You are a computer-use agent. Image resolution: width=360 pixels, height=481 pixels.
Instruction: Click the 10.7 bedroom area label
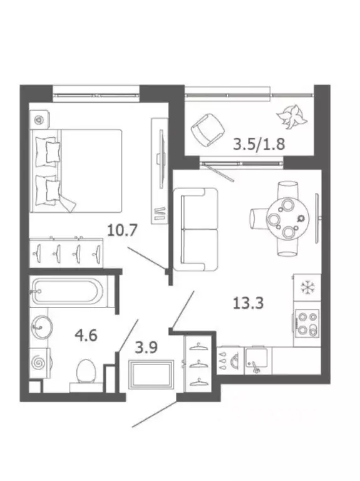(121, 230)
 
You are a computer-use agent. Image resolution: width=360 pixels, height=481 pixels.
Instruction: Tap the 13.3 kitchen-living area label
(248, 303)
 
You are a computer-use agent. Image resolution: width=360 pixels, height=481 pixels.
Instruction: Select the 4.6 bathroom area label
(86, 334)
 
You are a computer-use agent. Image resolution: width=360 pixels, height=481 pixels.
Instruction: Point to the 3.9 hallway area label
(147, 348)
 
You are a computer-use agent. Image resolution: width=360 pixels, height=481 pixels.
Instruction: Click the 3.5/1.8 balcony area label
(259, 143)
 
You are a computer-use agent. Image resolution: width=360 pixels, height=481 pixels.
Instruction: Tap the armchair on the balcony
(207, 130)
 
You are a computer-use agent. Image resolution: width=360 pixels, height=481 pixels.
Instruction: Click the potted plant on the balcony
(292, 117)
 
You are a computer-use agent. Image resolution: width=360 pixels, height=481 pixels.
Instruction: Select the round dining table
(287, 219)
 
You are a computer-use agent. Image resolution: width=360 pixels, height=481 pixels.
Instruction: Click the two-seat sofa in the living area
(195, 229)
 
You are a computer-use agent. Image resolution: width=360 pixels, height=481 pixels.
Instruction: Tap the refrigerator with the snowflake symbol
(307, 287)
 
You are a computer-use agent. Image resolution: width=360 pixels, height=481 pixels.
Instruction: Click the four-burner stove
(307, 324)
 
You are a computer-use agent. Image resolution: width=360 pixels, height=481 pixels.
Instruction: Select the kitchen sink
(257, 361)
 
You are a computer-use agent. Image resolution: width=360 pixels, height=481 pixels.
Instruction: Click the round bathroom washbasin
(41, 328)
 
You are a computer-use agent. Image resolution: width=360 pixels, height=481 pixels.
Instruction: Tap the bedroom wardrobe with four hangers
(66, 253)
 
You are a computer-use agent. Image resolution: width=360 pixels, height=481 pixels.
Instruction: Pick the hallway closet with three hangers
(198, 363)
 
